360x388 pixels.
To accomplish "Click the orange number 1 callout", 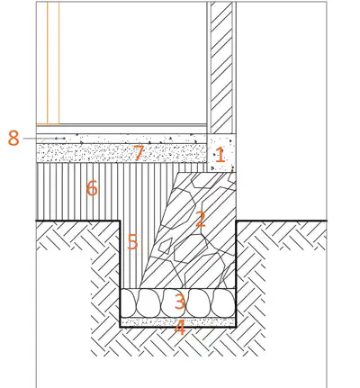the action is (x=220, y=155).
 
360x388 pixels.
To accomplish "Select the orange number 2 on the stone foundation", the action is (x=201, y=219).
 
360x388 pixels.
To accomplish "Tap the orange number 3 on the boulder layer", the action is (x=179, y=302).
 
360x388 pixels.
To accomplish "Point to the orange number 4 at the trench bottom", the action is (x=180, y=328).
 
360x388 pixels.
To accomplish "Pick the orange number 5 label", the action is (x=132, y=241).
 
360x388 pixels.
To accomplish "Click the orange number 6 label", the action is (x=92, y=188).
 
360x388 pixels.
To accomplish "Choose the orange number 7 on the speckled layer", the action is (x=138, y=153).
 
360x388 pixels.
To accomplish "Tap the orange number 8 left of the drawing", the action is (x=13, y=138).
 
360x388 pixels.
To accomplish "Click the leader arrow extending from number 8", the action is (x=44, y=139).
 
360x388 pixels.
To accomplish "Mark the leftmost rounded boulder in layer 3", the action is (x=128, y=302).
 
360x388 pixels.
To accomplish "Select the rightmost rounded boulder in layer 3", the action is (x=224, y=302).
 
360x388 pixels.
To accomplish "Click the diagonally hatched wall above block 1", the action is (x=221, y=68).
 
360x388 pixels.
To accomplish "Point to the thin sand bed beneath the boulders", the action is (x=178, y=322).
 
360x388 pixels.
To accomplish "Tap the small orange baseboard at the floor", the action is (x=48, y=124).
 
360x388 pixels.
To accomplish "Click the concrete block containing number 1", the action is (x=221, y=153).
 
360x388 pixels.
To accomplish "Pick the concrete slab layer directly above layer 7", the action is (x=121, y=139).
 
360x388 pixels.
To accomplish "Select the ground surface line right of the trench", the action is (x=282, y=221).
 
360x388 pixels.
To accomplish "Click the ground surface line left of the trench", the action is (x=78, y=221).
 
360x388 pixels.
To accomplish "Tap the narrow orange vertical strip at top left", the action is (x=53, y=62).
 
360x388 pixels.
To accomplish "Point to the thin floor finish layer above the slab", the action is (x=121, y=130).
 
